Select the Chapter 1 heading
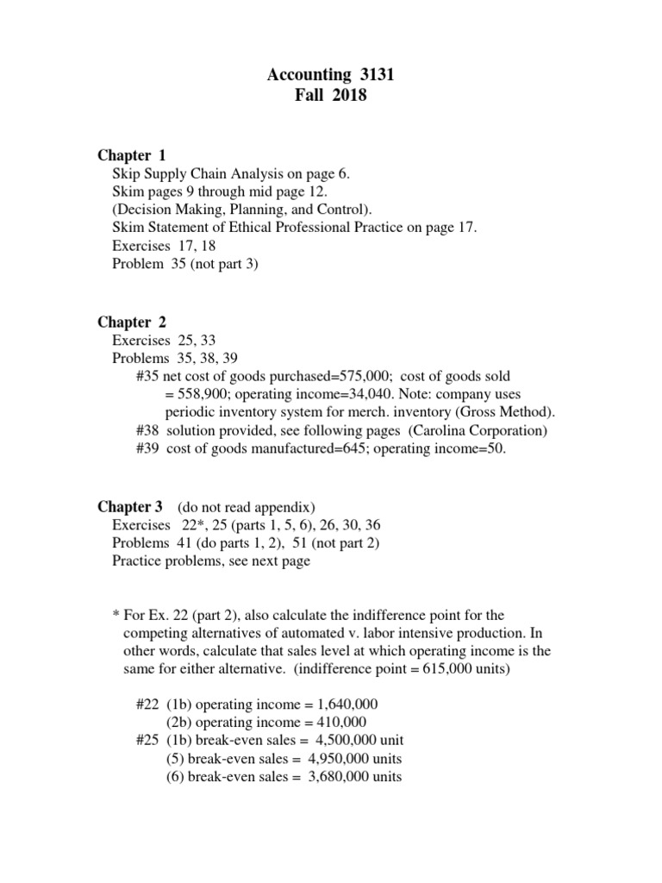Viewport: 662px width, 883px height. pyautogui.click(x=131, y=156)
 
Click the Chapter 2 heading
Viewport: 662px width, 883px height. pyautogui.click(x=131, y=323)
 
